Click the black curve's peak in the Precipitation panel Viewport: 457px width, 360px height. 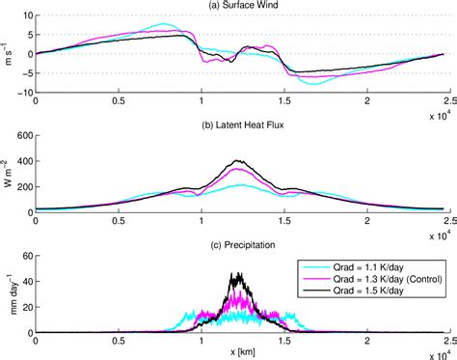(236, 273)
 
